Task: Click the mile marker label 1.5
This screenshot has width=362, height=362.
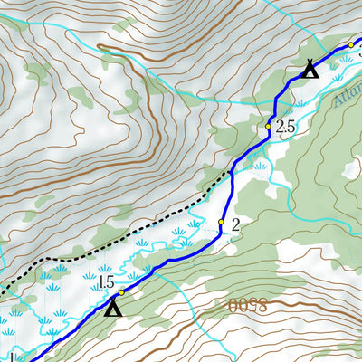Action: coord(107,282)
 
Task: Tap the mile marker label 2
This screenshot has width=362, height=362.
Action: coord(235,224)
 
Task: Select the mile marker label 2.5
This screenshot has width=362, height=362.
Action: coord(285,129)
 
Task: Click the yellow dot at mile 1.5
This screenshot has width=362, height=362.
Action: coord(120,292)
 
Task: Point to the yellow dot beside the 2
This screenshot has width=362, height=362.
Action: coord(221,221)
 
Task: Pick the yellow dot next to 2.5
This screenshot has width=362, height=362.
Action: coord(269,128)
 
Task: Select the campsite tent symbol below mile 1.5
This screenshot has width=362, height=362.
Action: coord(111,310)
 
